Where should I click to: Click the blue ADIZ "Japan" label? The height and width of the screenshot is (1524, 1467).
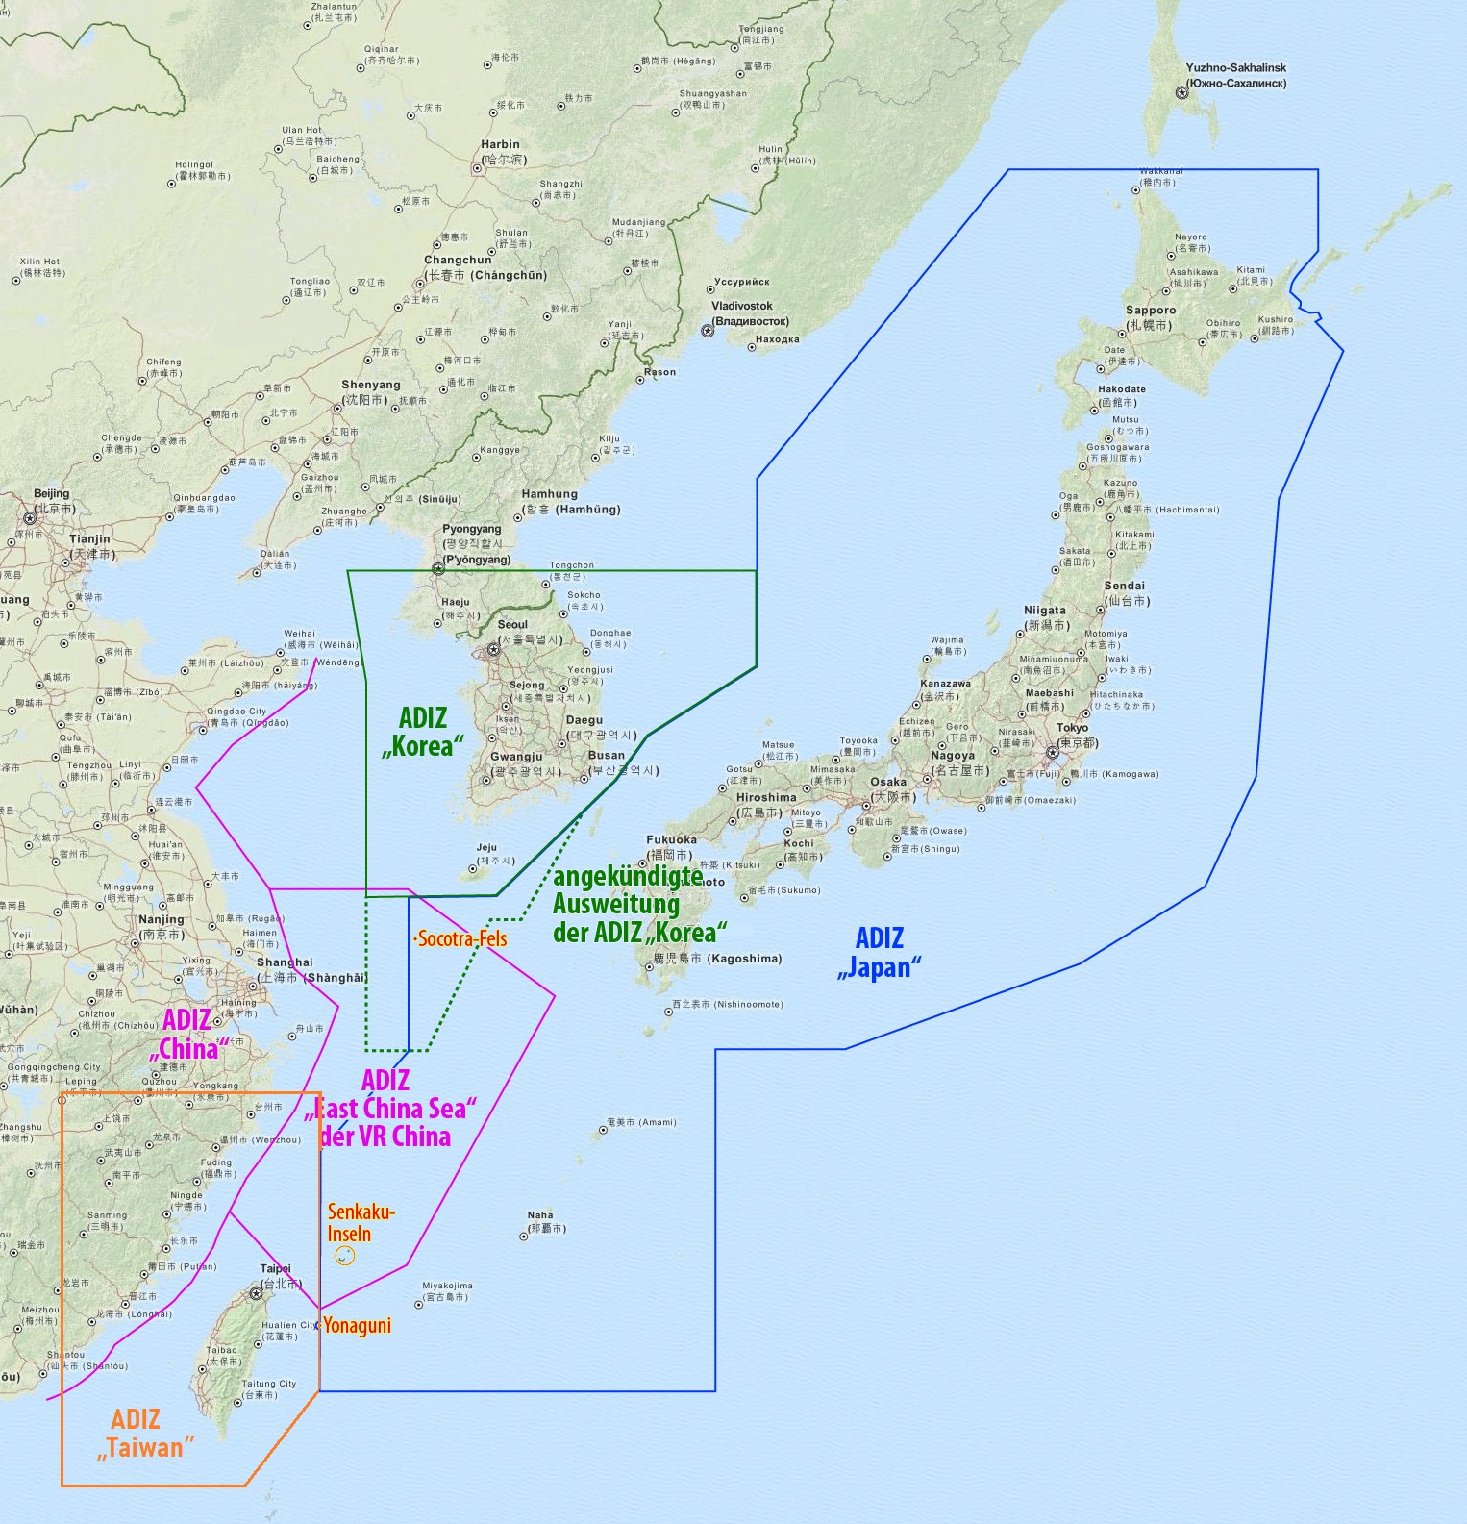[x=879, y=952]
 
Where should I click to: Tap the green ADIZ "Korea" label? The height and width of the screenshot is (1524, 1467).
[x=423, y=731]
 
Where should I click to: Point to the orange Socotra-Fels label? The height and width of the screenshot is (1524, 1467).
[x=461, y=938]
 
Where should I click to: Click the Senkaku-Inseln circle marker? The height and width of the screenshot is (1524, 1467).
[x=344, y=1256]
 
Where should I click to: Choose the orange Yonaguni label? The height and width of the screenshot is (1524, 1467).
[x=357, y=1325]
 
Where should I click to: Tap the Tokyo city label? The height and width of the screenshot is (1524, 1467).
[x=1072, y=728]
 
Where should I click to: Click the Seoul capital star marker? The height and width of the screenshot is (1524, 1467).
[x=493, y=650]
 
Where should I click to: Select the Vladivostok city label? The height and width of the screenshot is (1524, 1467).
[x=742, y=306]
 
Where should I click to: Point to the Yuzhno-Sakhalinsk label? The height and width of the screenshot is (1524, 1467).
[x=1235, y=68]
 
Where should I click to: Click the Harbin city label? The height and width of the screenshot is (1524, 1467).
[x=500, y=144]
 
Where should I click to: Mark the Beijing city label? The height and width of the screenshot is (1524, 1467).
[x=52, y=493]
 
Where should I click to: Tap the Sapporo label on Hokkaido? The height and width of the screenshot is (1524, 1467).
[x=1151, y=311]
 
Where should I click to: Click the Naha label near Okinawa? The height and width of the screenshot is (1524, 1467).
[x=540, y=1214]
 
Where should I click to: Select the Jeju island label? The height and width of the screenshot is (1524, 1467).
[x=486, y=847]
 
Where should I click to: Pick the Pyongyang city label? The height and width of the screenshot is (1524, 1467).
[x=471, y=529]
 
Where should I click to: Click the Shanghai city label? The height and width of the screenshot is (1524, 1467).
[x=285, y=962]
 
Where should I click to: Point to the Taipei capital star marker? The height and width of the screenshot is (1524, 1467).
[x=256, y=1293]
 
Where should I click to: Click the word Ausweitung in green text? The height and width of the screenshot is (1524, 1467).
[x=615, y=904]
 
